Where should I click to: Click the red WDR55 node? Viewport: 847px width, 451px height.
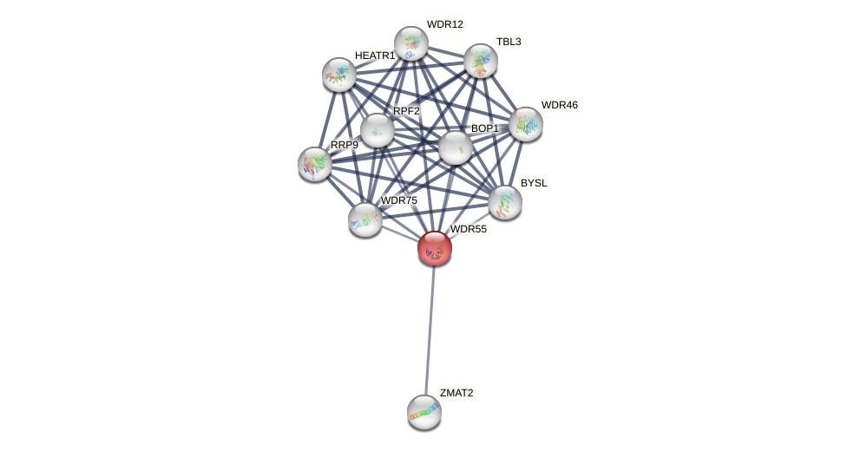434,248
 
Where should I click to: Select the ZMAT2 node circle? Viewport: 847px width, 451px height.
423,412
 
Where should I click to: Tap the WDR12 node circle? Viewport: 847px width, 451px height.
410,43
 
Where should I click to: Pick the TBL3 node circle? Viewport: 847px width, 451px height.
480,61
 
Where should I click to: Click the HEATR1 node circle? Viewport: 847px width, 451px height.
338,75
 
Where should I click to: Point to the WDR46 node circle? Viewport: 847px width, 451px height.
525,124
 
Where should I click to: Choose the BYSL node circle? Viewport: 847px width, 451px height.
504,202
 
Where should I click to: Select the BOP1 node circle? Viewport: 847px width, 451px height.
455,147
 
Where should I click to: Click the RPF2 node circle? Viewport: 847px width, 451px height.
377,130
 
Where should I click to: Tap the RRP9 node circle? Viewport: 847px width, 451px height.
314,164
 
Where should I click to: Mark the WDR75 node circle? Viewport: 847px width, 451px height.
364,219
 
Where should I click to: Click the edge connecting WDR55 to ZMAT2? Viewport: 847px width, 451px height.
429,330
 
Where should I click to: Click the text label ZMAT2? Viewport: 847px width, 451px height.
456,393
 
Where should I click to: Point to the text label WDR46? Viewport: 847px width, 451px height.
559,105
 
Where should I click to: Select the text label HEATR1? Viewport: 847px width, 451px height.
374,56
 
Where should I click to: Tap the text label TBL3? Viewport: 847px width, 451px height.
509,42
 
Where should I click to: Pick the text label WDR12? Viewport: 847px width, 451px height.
444,24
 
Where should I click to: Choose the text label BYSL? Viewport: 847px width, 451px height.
534,183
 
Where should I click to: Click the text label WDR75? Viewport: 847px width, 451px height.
398,200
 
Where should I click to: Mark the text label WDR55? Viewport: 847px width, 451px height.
468,229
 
